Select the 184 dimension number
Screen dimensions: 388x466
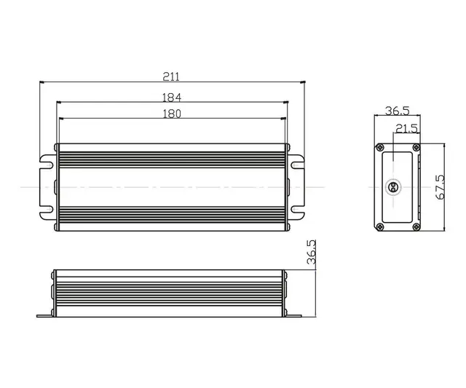click(x=172, y=97)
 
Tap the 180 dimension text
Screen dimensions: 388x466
click(x=172, y=113)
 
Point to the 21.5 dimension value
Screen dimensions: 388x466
click(x=406, y=128)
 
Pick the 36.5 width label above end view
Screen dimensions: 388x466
click(x=397, y=111)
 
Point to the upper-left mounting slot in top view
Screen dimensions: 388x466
click(x=48, y=165)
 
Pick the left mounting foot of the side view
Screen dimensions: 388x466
click(x=45, y=314)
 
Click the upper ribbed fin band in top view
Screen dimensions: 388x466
click(x=172, y=154)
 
